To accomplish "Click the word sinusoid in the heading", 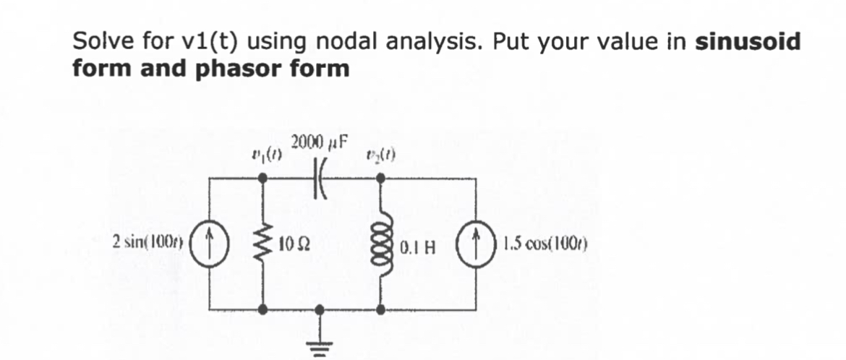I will pyautogui.click(x=748, y=42).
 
